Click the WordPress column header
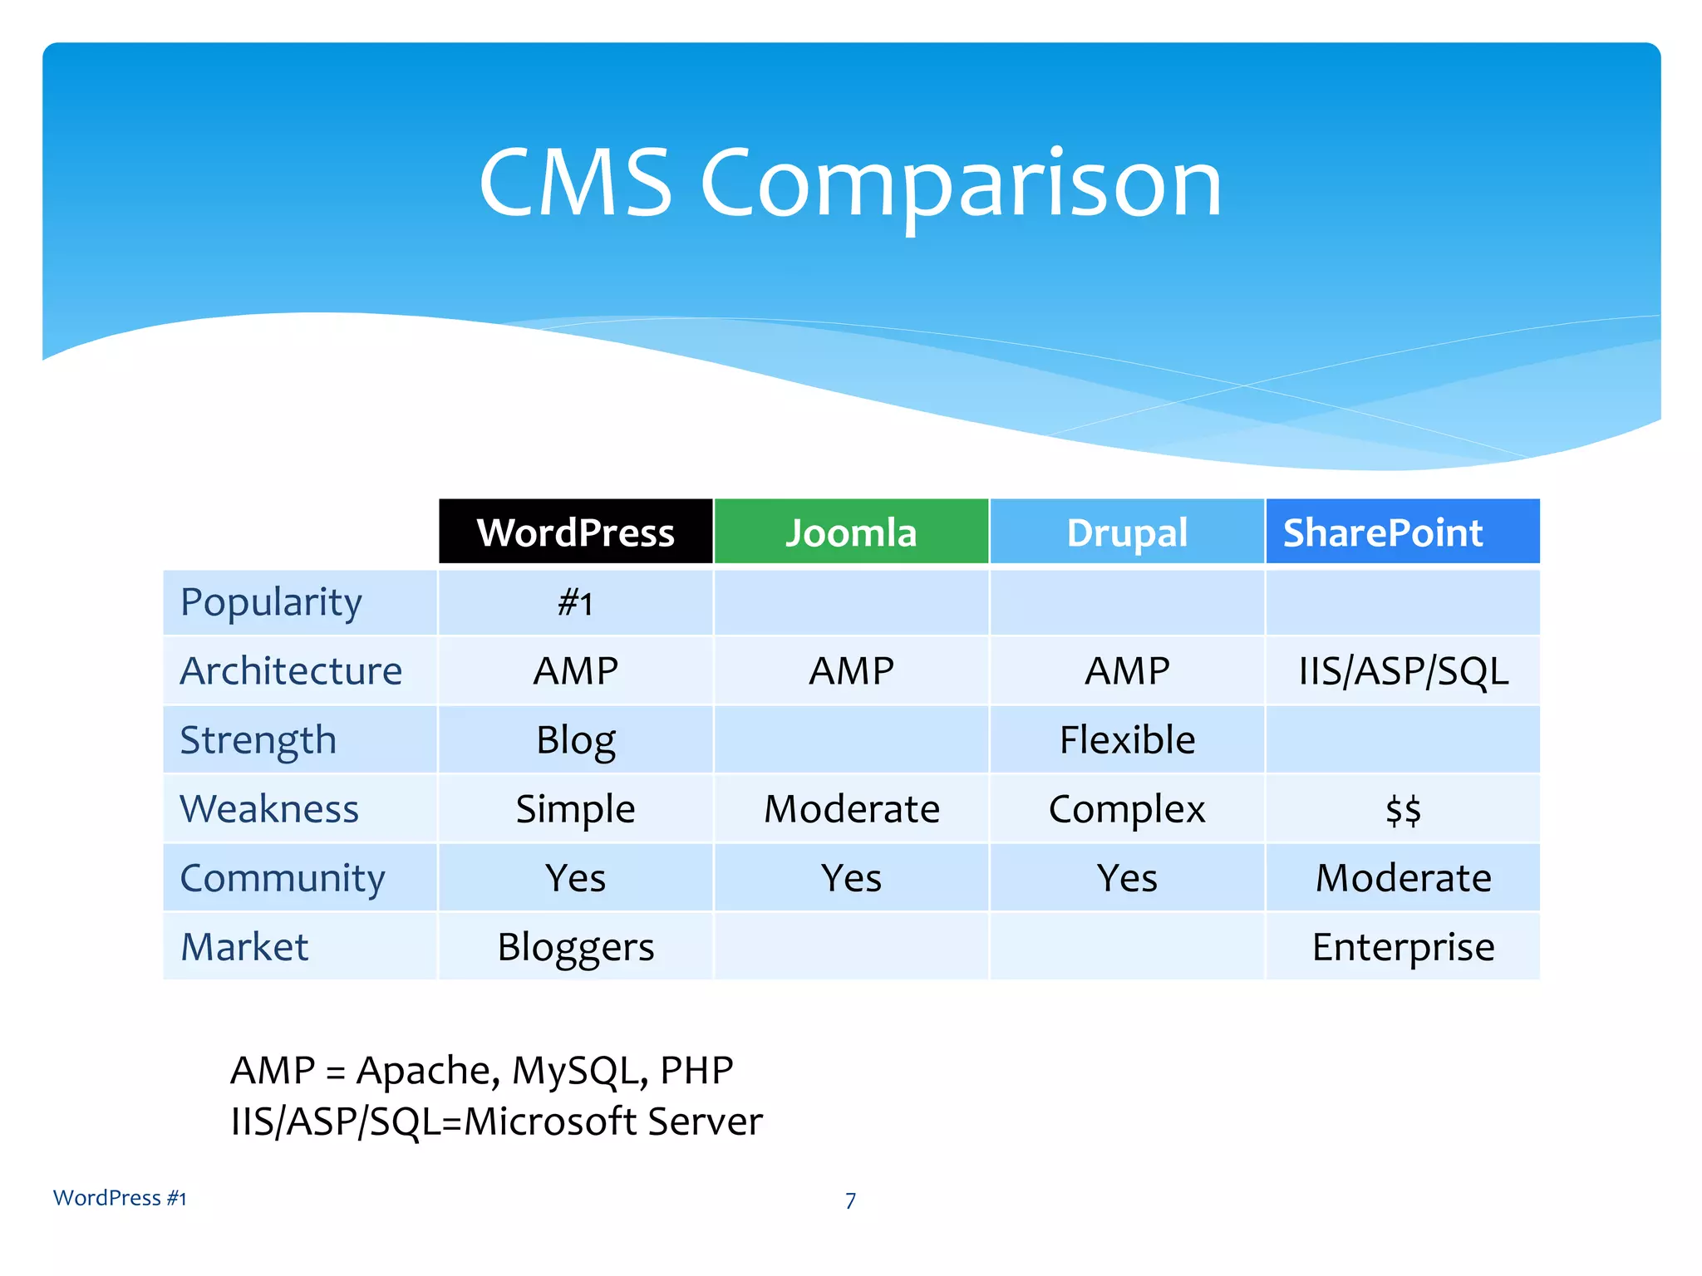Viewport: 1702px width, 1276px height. (575, 532)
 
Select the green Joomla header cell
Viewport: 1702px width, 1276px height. (851, 532)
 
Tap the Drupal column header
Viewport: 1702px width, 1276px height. (1127, 532)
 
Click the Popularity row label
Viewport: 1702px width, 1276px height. (271, 602)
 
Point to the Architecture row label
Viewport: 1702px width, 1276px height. (291, 670)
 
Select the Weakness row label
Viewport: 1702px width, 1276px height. (269, 808)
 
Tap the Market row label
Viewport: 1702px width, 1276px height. (244, 946)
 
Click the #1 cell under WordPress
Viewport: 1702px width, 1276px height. (575, 603)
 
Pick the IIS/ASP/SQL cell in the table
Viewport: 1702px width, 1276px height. (1403, 670)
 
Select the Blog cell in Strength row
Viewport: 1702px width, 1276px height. (575, 739)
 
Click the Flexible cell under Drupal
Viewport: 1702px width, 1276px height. (1127, 739)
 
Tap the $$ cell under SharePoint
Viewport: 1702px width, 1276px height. (1403, 809)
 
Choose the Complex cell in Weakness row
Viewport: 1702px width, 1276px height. (1127, 808)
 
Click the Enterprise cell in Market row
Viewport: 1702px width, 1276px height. (1403, 946)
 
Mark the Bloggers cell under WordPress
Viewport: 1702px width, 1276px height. (575, 946)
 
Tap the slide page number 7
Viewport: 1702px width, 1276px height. (850, 1200)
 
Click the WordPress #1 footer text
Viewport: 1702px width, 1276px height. (120, 1198)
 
